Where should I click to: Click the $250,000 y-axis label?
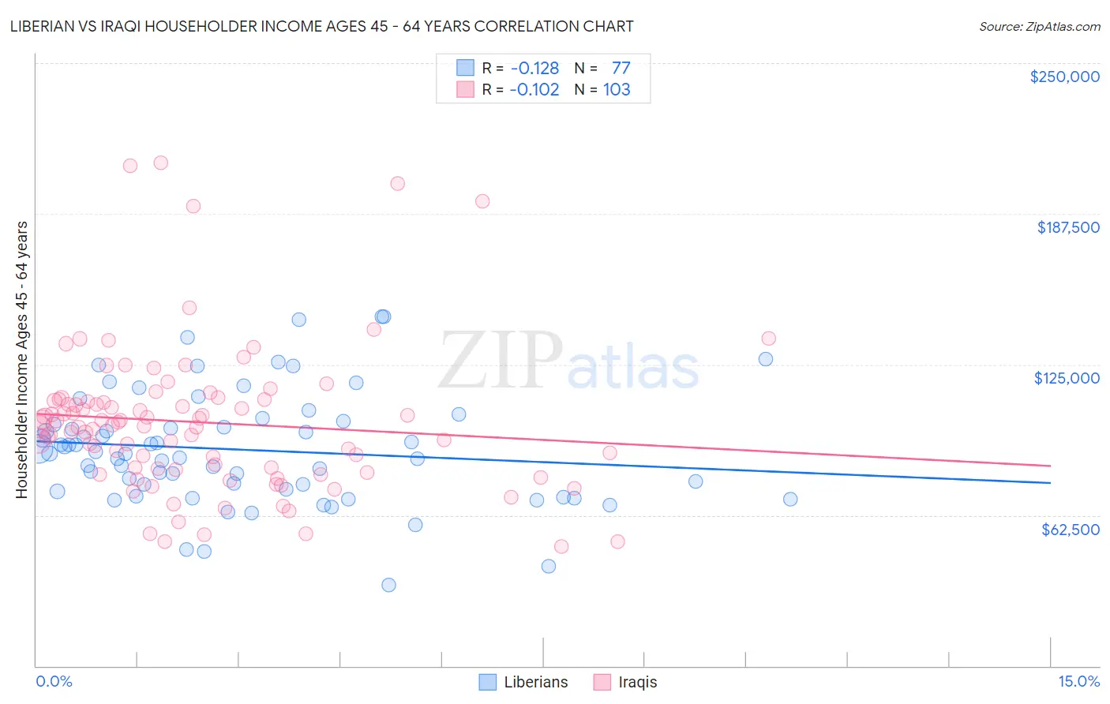[1064, 77]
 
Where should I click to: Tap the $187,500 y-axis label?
[1067, 227]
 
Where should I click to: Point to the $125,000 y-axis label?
[1067, 378]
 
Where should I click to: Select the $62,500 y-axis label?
[1070, 530]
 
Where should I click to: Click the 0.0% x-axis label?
[54, 681]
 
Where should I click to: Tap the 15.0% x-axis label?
[1078, 681]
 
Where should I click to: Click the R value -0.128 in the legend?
[534, 68]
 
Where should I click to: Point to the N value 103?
[617, 89]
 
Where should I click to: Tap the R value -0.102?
[534, 89]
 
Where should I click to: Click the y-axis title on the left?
[21, 360]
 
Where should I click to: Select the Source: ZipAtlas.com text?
[1039, 26]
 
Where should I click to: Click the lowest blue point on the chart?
[388, 585]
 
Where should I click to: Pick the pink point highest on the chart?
[160, 163]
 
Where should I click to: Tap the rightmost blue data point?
[790, 499]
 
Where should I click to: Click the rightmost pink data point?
[768, 339]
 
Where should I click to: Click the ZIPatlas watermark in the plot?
[568, 360]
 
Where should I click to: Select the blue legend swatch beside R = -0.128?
[465, 68]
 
